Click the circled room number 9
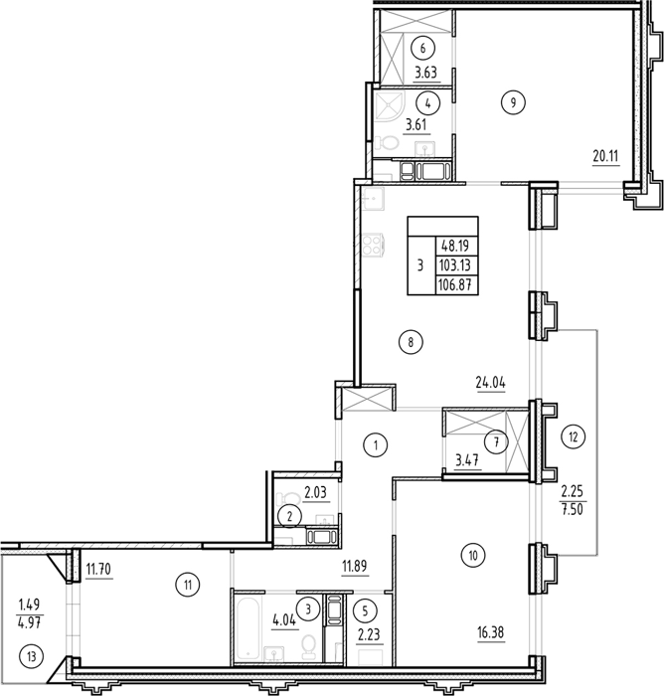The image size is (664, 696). click(513, 103)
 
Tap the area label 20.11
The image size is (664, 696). click(606, 156)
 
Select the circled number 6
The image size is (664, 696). click(422, 48)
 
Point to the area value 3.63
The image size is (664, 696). click(426, 73)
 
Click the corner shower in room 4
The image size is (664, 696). click(386, 108)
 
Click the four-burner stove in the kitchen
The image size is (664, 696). click(373, 245)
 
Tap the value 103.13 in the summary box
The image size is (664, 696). click(456, 265)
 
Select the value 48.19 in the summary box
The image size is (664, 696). click(456, 246)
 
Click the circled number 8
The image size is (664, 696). click(411, 342)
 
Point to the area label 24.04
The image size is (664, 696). click(490, 383)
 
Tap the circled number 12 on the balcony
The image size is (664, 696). click(574, 437)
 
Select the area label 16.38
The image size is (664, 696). click(490, 632)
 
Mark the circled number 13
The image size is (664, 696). click(32, 656)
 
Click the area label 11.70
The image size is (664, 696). click(99, 569)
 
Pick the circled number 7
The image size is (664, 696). click(496, 442)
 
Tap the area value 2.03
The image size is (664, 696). click(315, 492)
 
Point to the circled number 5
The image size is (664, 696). click(365, 611)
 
